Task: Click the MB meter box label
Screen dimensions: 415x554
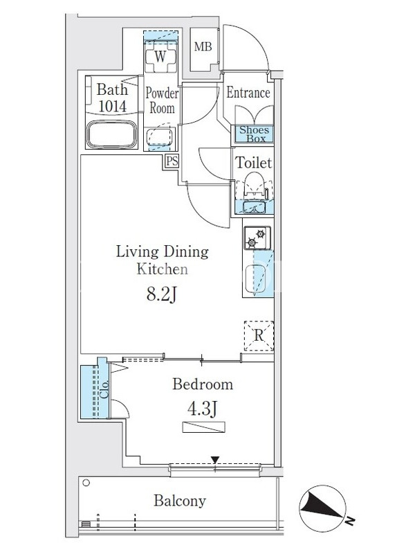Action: (203, 46)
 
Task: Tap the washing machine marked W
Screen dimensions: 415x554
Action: (160, 57)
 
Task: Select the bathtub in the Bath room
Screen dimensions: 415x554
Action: (112, 134)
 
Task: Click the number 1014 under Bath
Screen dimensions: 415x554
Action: (112, 106)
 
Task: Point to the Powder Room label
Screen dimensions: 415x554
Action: (162, 100)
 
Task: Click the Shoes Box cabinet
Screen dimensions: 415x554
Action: (255, 134)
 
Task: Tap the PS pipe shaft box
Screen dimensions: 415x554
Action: (172, 161)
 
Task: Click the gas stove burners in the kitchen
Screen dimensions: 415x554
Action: (257, 238)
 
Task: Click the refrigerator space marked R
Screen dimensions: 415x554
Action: (259, 336)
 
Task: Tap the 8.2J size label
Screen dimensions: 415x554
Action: (161, 294)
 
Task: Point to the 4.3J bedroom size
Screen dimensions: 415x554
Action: (202, 409)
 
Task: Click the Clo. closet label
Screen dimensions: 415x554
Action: (104, 388)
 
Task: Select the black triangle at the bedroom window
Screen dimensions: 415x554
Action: (215, 460)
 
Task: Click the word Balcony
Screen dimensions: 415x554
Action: (180, 501)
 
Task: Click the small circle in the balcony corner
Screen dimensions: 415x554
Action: (86, 483)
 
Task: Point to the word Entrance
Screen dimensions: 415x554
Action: (248, 93)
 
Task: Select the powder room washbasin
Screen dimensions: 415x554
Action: (160, 137)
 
